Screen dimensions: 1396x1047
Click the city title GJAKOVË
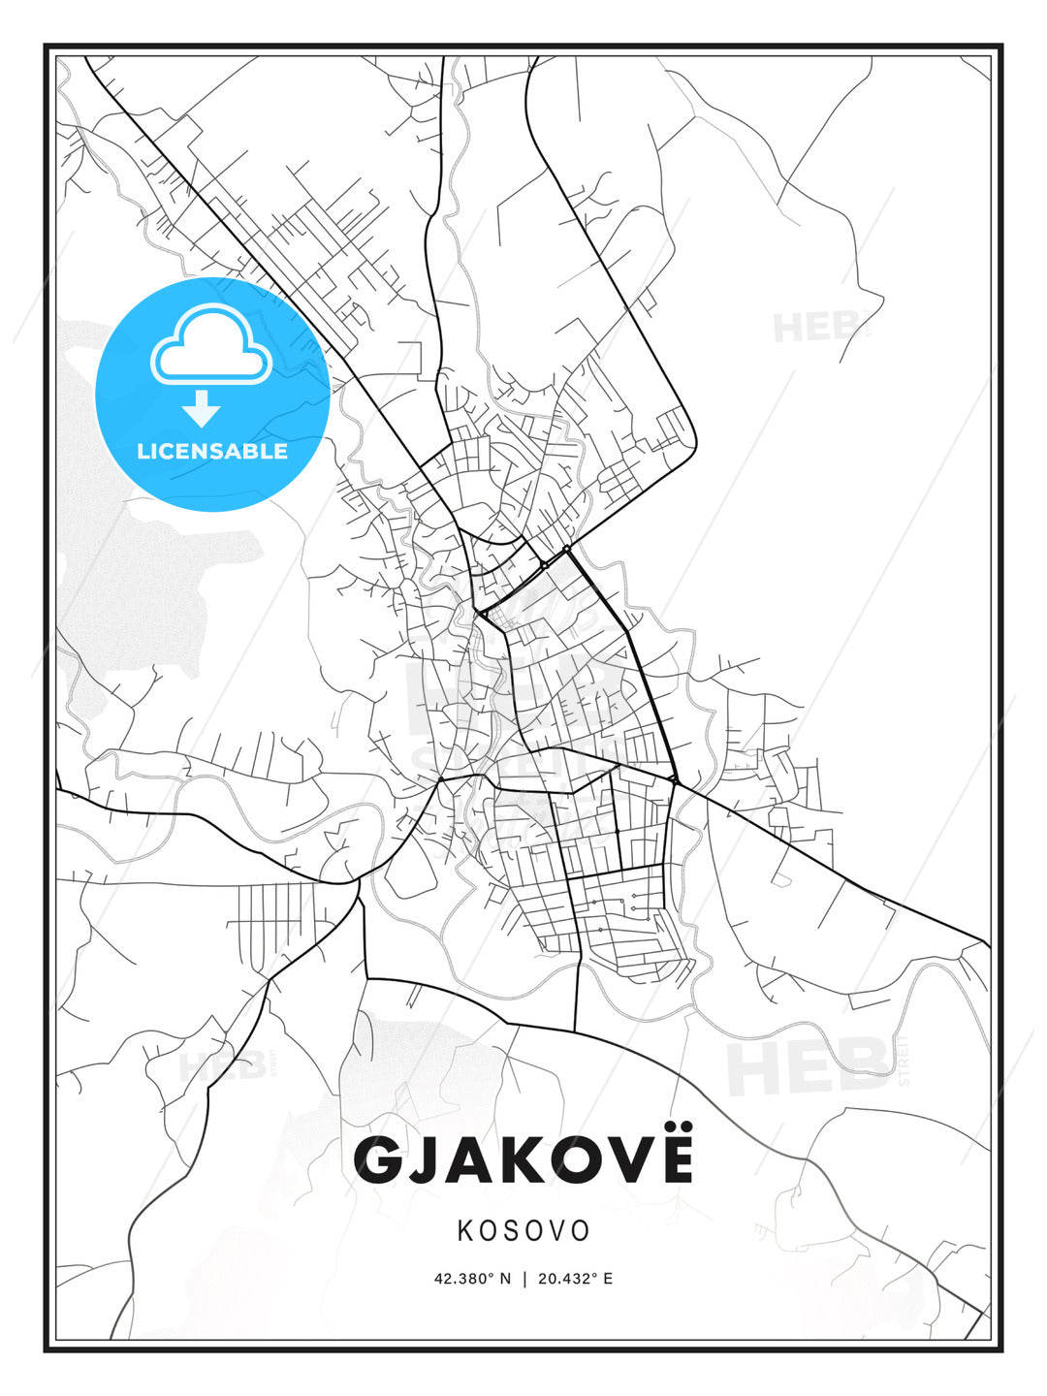tap(523, 1158)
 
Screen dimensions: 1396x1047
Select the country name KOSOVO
tap(523, 1230)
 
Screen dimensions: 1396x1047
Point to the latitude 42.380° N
tap(472, 1279)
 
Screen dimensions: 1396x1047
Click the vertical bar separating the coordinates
tap(524, 1279)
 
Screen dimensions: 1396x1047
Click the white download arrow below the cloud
tap(202, 409)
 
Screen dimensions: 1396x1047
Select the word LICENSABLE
tap(212, 451)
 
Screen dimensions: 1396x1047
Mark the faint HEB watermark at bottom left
tap(222, 1067)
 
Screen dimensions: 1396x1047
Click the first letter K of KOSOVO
tap(465, 1230)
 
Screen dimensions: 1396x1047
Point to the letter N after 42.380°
tap(504, 1279)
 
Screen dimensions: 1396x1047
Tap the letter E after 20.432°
tap(608, 1279)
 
